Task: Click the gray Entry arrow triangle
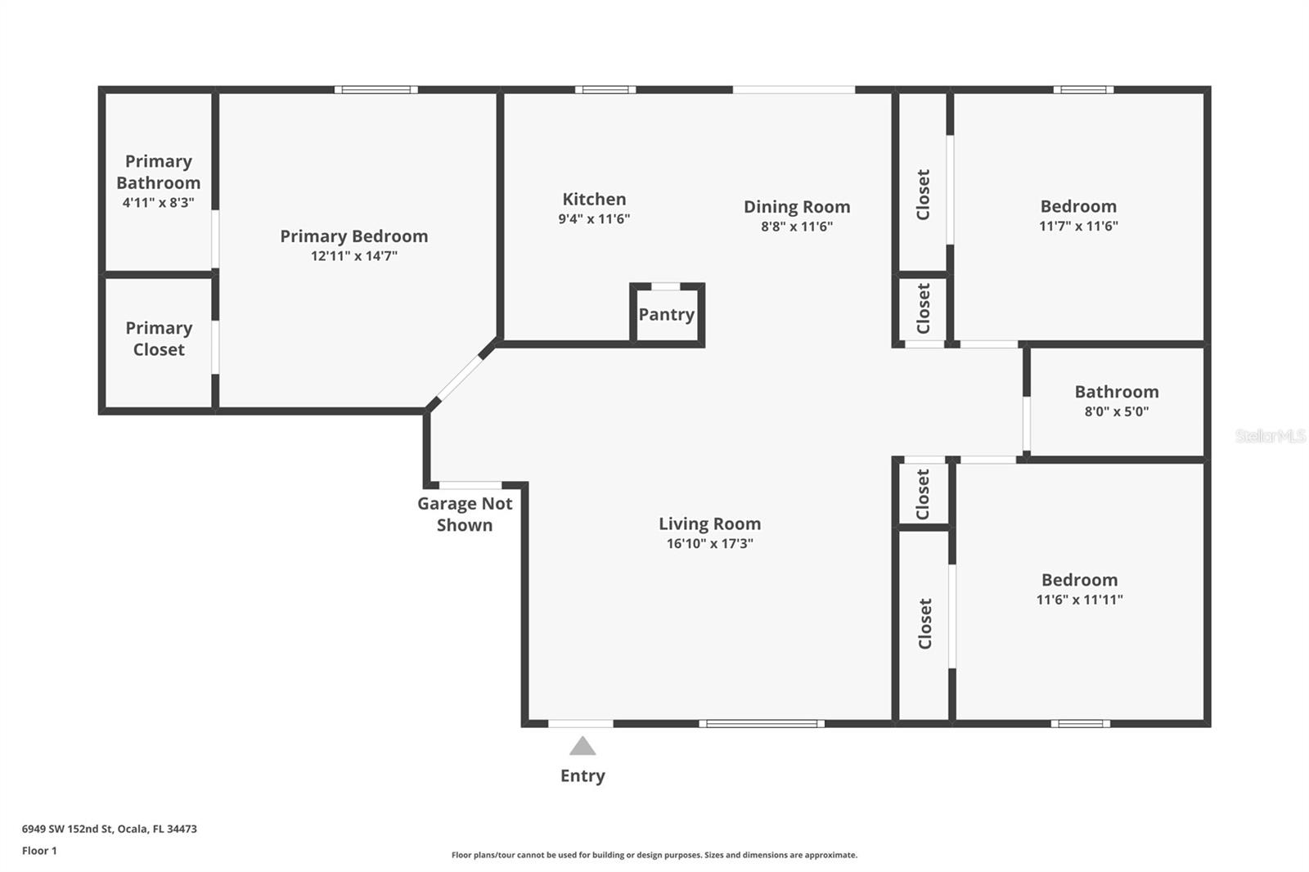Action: coord(583,746)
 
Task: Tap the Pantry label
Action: coord(666,315)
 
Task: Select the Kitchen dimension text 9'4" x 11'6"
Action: coord(594,219)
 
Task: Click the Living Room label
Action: coord(709,524)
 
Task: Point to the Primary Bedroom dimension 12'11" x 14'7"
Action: coord(353,256)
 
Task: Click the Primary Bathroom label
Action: coord(158,172)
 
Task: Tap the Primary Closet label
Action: coord(159,339)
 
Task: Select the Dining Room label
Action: coord(796,207)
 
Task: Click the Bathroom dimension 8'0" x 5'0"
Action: coord(1116,412)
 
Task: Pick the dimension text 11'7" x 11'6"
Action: coord(1078,227)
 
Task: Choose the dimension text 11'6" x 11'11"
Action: coord(1079,600)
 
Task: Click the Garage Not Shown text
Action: coord(465,515)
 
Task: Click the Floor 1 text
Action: coord(39,851)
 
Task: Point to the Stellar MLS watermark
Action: coord(1270,437)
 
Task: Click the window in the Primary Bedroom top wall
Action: coord(376,90)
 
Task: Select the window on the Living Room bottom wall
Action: coord(762,723)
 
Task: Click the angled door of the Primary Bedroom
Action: coord(461,375)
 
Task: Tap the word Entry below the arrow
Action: coord(583,776)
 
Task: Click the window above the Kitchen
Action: coord(605,90)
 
